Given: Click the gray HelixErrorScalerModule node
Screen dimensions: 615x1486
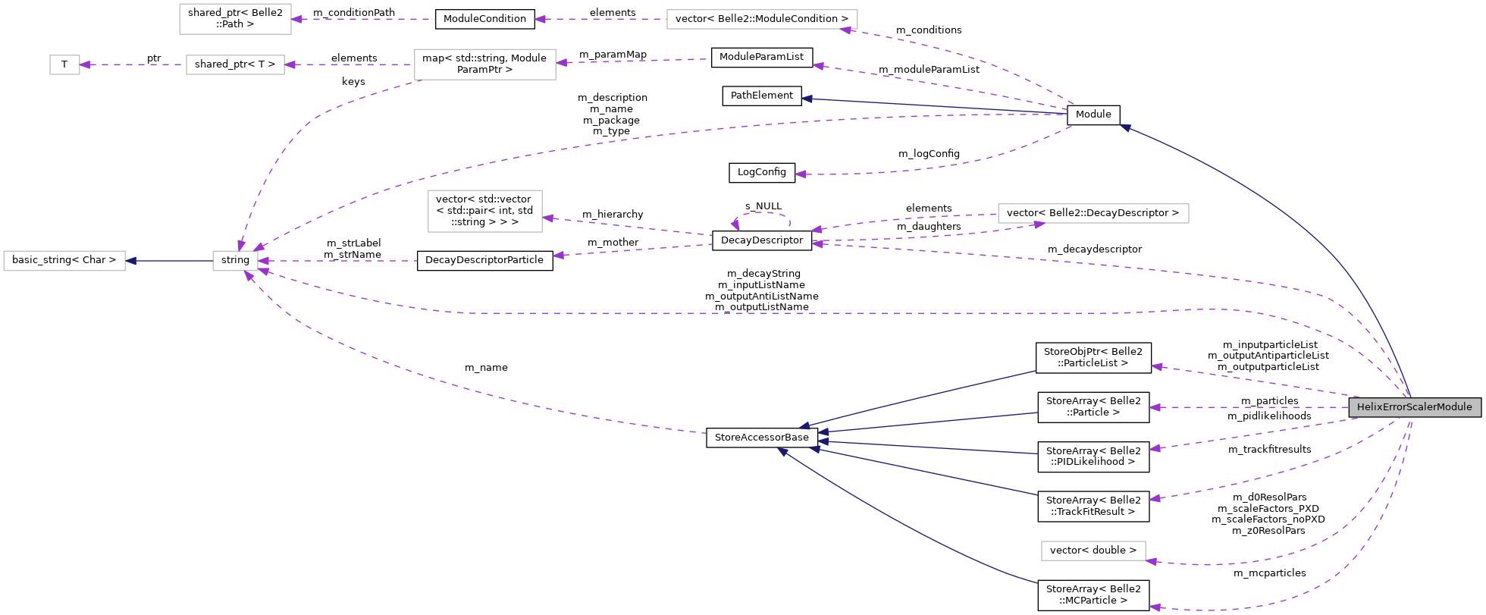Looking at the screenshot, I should (1414, 407).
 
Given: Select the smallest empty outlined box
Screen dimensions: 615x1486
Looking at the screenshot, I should (64, 65).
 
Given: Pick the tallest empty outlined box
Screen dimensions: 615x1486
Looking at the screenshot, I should (484, 211).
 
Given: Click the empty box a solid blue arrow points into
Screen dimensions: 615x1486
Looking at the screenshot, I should (64, 261).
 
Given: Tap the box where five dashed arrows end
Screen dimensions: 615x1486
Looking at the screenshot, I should (235, 261).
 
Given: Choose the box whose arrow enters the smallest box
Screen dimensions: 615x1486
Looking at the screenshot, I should (235, 65).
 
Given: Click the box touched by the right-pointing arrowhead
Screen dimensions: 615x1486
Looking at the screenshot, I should (1093, 214).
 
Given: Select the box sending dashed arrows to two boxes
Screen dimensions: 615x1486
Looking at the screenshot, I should (484, 64).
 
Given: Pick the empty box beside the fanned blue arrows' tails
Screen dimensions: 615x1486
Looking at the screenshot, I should (1093, 551).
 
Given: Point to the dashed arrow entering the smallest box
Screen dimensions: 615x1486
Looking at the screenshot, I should (133, 64).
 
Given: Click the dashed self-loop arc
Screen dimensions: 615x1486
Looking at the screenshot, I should (762, 213).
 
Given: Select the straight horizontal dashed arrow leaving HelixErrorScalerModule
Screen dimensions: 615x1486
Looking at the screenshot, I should (1251, 407).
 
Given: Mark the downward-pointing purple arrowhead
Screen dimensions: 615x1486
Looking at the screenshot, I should (241, 245).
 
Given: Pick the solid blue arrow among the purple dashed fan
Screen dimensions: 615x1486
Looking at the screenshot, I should (933, 106).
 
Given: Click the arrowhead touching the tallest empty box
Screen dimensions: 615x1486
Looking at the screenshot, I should (548, 218).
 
